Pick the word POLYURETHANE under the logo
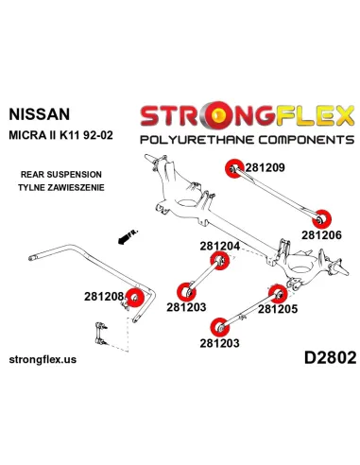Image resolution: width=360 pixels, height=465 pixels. click(x=193, y=138)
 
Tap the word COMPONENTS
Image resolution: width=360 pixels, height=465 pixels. click(x=294, y=138)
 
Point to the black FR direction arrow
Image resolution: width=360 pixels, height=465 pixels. click(x=123, y=235)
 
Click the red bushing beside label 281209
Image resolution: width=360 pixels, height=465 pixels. click(x=232, y=168)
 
